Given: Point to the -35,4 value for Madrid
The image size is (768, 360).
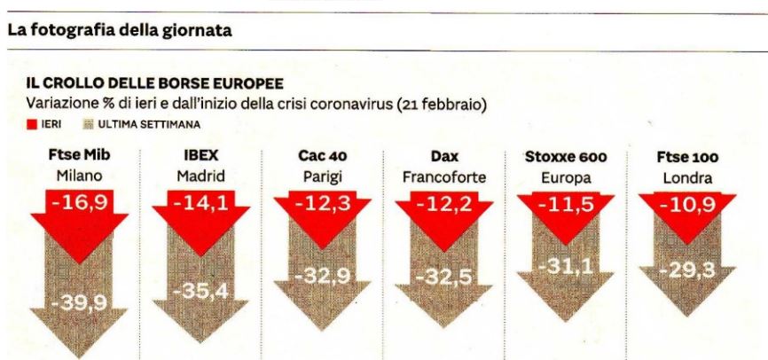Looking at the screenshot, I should coord(201,291).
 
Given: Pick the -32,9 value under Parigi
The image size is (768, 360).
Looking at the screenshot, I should coord(323,276).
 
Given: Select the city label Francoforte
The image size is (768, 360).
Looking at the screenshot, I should coord(444,176).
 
